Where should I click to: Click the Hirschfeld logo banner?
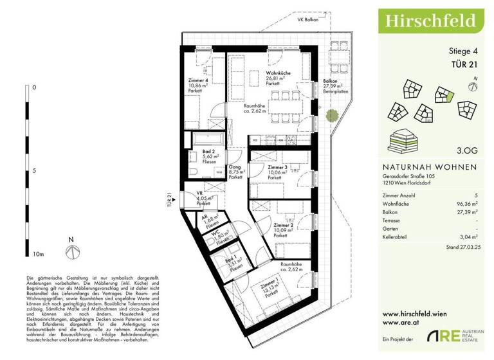click(x=430, y=20)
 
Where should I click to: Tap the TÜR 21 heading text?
click(x=465, y=64)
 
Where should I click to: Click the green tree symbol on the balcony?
click(x=332, y=116)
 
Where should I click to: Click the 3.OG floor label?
click(x=467, y=152)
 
